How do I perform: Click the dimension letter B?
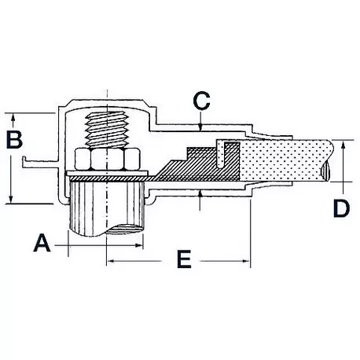point(14,141)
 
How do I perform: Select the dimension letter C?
point(202,101)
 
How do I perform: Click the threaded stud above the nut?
point(105,129)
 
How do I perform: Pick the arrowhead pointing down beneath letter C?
point(202,125)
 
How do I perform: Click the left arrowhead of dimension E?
point(110,259)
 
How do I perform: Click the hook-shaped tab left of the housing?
point(35,165)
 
